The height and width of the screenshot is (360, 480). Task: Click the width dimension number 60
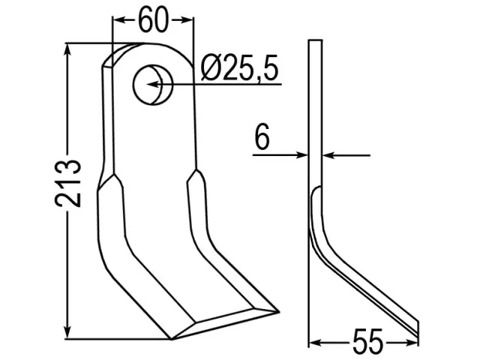pos(153,20)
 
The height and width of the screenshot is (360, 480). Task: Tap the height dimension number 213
pos(68,183)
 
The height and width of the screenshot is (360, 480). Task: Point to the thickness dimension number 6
pos(262,136)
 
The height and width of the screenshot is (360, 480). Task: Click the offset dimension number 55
pos(367,342)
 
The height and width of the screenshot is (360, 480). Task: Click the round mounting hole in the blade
pos(153,85)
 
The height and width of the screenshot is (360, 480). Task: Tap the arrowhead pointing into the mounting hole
pos(154,84)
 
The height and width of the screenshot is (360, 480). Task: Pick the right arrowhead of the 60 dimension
pos(187,20)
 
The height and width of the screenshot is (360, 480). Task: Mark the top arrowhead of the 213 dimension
pos(67,50)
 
